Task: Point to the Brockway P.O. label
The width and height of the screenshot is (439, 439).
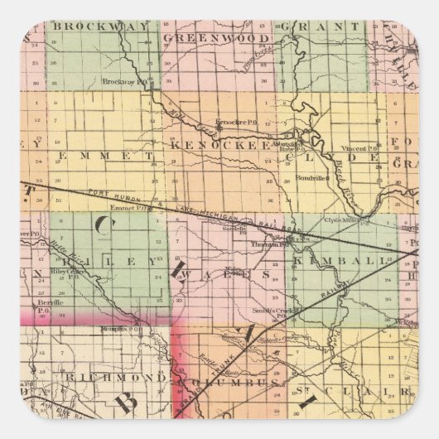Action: [x=120, y=81]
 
